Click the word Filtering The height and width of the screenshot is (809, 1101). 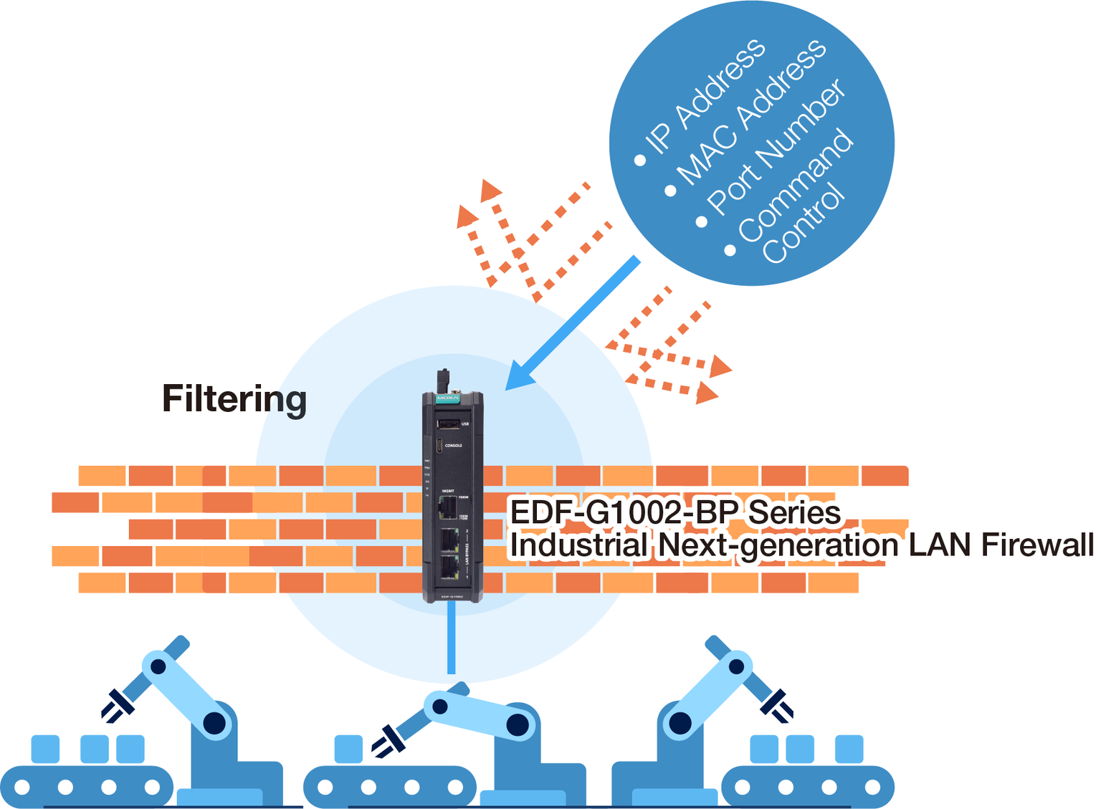pyautogui.click(x=234, y=399)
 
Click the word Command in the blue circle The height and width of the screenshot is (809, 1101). pyautogui.click(x=796, y=185)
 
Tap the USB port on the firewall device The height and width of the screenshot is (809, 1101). pyautogui.click(x=449, y=424)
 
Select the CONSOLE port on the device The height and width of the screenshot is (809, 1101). pyautogui.click(x=439, y=446)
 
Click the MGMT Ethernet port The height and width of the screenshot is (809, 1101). pyautogui.click(x=448, y=507)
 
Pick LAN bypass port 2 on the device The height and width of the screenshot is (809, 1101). pyautogui.click(x=449, y=539)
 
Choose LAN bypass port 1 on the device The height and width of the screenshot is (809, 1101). pyautogui.click(x=449, y=566)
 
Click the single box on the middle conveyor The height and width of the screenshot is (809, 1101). pyautogui.click(x=348, y=749)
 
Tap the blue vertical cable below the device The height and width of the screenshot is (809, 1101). pyautogui.click(x=451, y=638)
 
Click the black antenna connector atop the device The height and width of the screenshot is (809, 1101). pyautogui.click(x=444, y=380)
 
